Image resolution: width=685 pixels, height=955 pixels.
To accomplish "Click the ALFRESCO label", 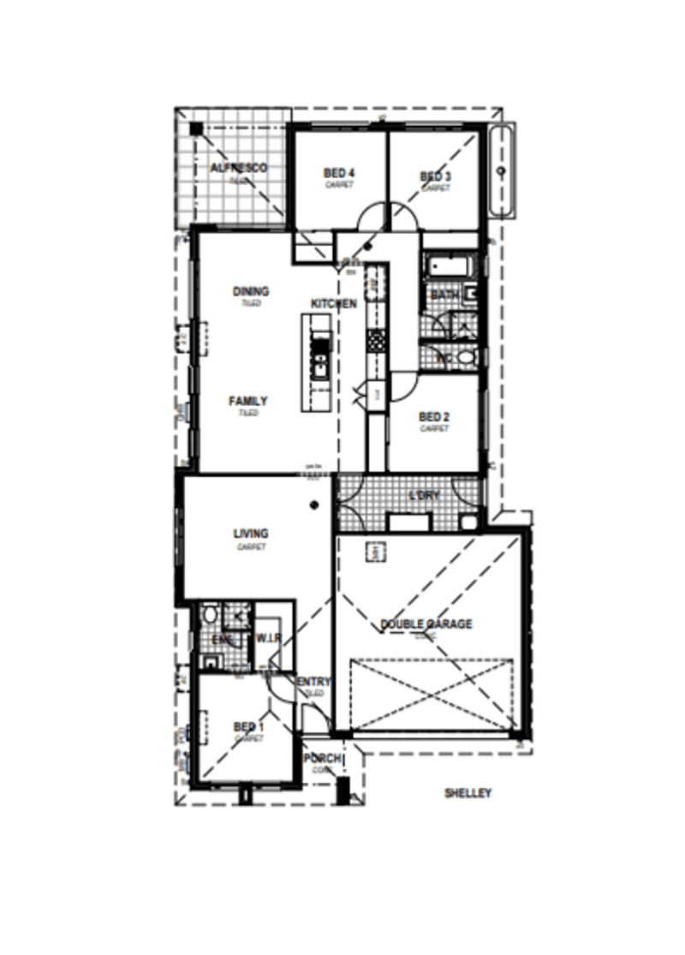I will pyautogui.click(x=239, y=168).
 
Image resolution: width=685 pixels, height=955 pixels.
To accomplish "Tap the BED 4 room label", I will pyautogui.click(x=339, y=173).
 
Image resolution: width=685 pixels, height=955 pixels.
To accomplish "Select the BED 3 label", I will pyautogui.click(x=435, y=177).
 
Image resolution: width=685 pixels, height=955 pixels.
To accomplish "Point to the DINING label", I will pyautogui.click(x=251, y=291).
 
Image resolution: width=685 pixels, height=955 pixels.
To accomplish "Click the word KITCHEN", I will pyautogui.click(x=333, y=304).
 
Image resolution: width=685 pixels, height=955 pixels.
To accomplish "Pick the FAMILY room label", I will pyautogui.click(x=248, y=401).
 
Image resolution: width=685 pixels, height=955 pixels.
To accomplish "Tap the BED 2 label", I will pyautogui.click(x=435, y=417).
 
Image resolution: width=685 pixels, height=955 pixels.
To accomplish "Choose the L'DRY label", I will pyautogui.click(x=424, y=496).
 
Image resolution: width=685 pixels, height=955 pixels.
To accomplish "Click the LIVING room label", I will pyautogui.click(x=251, y=534).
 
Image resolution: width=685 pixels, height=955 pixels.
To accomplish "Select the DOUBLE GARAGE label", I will pyautogui.click(x=426, y=624).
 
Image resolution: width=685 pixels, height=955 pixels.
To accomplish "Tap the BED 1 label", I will pyautogui.click(x=249, y=727).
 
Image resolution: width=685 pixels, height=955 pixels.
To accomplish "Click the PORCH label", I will pyautogui.click(x=323, y=759).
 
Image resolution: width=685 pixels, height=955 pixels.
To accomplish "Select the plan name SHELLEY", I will pyautogui.click(x=468, y=794).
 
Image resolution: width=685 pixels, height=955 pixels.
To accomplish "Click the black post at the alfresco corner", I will pyautogui.click(x=196, y=129).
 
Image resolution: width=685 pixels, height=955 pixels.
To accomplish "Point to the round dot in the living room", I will pyautogui.click(x=315, y=504).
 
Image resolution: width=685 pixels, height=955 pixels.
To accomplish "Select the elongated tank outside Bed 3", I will pyautogui.click(x=502, y=171).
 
